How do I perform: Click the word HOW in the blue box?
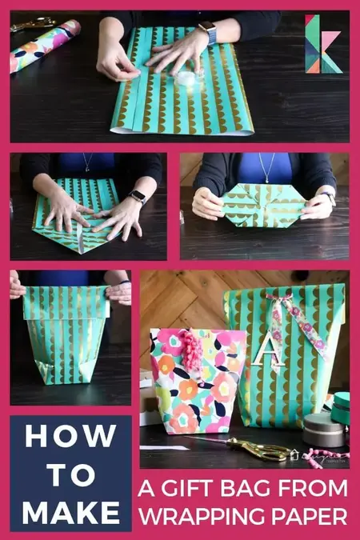(x=70, y=438)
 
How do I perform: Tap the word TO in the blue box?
(x=70, y=474)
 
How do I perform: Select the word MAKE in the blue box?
(x=70, y=510)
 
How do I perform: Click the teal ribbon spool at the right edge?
(x=342, y=408)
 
